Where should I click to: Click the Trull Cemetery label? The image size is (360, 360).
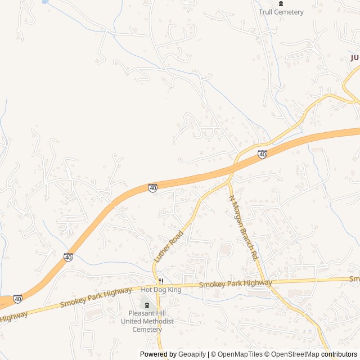[x=281, y=12]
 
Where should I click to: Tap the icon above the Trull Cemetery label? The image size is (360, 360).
[x=281, y=3]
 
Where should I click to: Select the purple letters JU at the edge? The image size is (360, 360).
[x=354, y=57]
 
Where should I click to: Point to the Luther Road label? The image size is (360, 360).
[x=169, y=246]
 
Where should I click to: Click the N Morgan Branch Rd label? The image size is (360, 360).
[x=243, y=227]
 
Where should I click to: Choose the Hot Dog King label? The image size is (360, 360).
[x=161, y=290]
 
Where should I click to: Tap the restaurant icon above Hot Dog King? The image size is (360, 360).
[x=161, y=281]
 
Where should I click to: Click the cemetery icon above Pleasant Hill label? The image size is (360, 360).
[x=147, y=304]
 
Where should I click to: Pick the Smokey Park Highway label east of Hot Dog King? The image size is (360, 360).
[x=235, y=285]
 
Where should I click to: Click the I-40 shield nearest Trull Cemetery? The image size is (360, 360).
[x=262, y=154]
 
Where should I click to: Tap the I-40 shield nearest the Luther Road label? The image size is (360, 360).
[x=152, y=188]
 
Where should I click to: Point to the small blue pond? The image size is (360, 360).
[x=44, y=2]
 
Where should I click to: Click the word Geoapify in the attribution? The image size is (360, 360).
[x=192, y=354]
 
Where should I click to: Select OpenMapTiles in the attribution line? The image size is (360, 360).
[x=240, y=354]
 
